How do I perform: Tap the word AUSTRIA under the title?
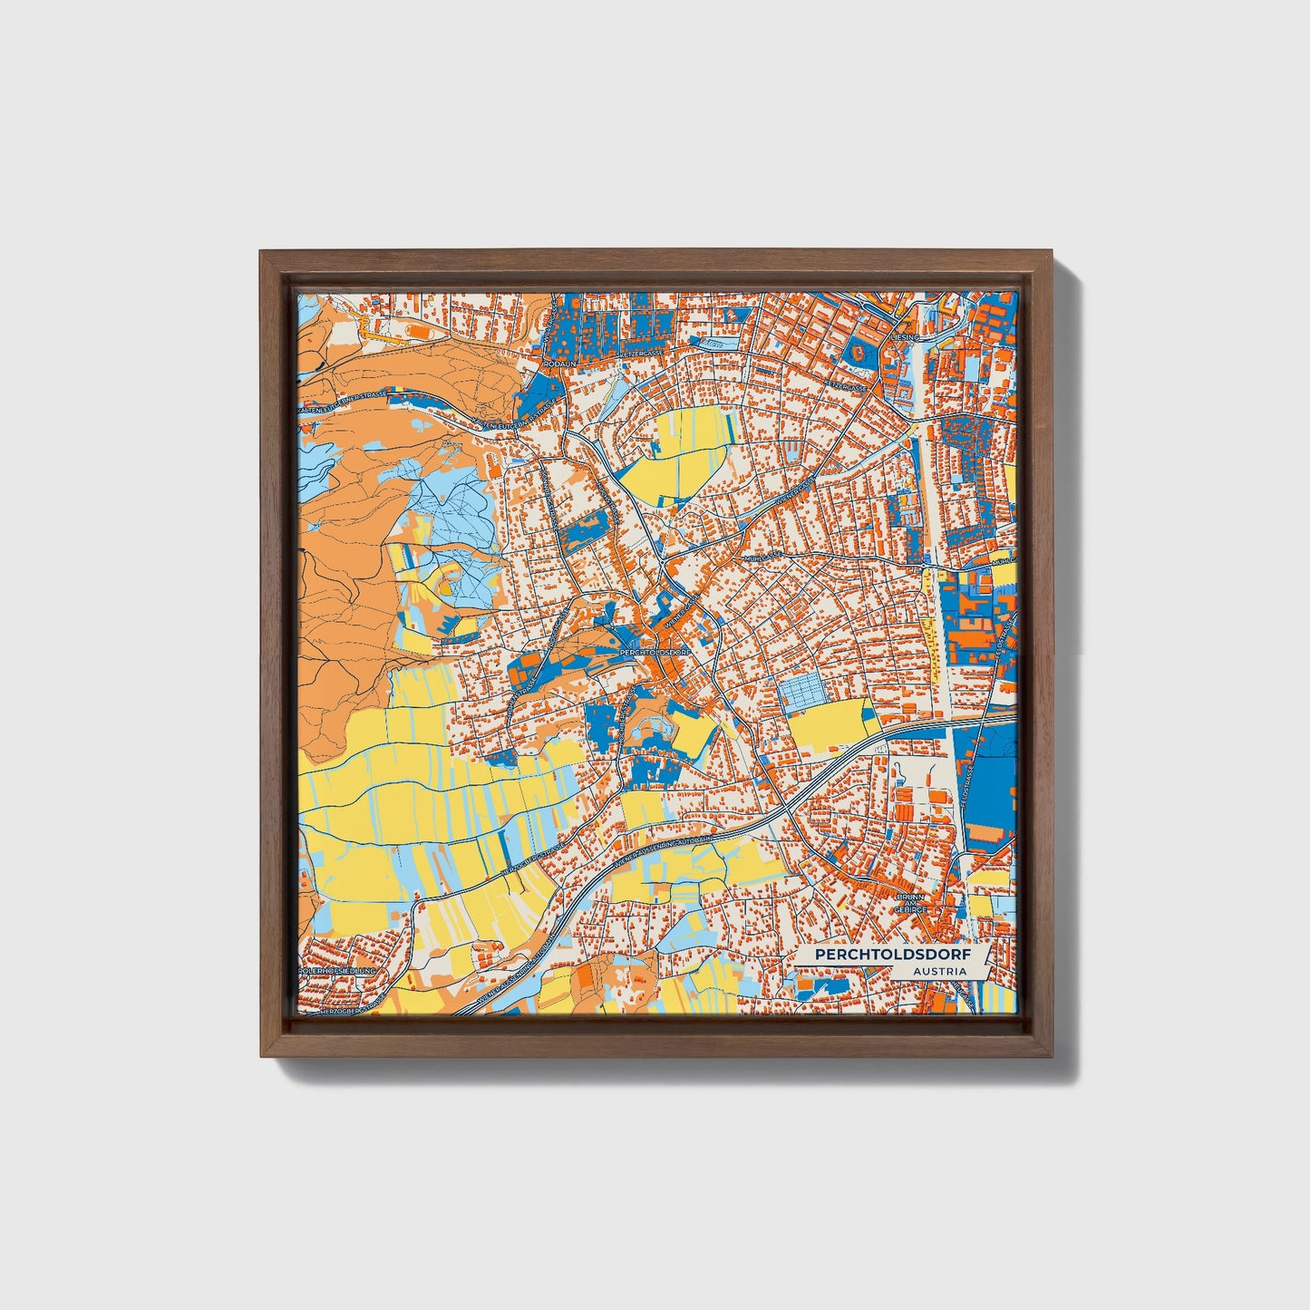click(939, 971)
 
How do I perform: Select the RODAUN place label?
click(559, 363)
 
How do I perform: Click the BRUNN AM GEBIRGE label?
click(910, 902)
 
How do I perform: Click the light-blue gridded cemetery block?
click(801, 691)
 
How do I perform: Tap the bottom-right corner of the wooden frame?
click(1053, 1056)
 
